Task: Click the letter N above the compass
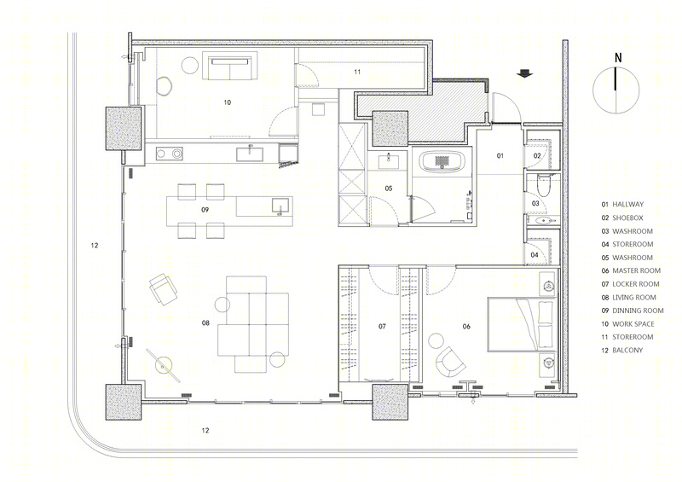[617, 57]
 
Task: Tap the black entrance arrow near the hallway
[525, 73]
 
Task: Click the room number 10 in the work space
[227, 102]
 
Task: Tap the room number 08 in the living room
[205, 322]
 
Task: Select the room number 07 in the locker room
[382, 326]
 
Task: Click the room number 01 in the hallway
[500, 155]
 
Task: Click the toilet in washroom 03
[544, 186]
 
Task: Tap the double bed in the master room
[522, 324]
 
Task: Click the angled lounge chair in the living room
[163, 289]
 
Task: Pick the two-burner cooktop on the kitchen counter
[170, 154]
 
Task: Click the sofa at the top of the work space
[229, 67]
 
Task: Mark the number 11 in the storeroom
[357, 72]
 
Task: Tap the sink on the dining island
[280, 206]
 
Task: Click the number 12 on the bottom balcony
[205, 430]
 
